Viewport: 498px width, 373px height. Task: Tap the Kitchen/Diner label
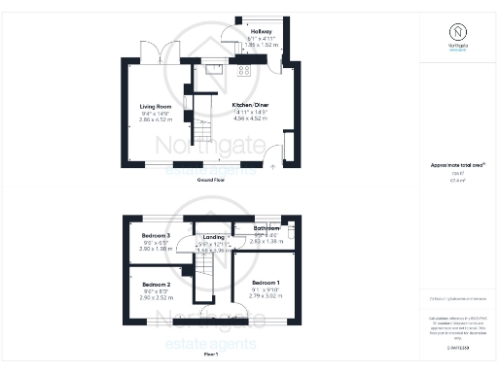coord(248,104)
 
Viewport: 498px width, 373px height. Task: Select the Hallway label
coord(260,32)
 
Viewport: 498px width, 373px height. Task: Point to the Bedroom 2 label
coord(156,285)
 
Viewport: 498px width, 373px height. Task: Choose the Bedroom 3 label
coord(156,236)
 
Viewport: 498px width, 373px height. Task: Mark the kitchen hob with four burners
coord(243,70)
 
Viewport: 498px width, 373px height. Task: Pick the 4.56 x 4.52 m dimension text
coord(248,121)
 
